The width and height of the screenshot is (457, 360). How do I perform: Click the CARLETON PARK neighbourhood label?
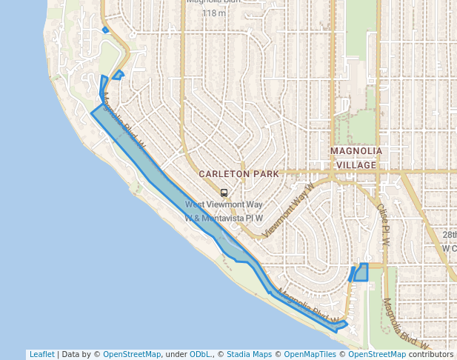238,174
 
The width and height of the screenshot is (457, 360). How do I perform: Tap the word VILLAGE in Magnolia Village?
356,164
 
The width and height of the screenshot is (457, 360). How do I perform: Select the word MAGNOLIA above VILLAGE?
356,151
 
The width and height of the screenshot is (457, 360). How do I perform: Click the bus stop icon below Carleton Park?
224,193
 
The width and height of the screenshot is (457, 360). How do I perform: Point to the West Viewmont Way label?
224,204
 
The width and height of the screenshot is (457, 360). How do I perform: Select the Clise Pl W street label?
383,226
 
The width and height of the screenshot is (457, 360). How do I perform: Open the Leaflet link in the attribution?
41,355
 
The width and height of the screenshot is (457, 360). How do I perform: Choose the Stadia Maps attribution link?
249,355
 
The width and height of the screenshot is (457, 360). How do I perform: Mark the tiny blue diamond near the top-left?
106,30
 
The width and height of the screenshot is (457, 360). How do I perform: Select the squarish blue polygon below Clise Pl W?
361,273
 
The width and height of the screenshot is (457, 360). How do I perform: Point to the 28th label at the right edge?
450,235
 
